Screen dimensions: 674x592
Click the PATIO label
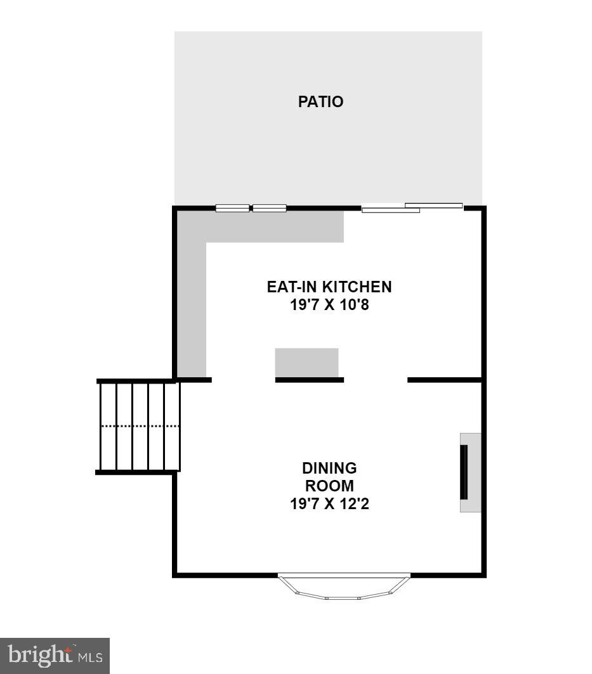click(320, 101)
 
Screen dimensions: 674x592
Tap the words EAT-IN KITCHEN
click(329, 287)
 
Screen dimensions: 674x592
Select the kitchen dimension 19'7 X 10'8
click(329, 305)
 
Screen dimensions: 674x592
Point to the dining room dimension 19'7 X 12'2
click(329, 505)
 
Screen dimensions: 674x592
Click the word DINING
click(329, 469)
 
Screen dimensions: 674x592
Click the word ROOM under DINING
click(329, 486)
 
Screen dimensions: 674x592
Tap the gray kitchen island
click(306, 362)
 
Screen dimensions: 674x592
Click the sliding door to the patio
click(411, 207)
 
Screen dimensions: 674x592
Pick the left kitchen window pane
click(232, 207)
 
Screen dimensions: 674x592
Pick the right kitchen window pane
click(269, 207)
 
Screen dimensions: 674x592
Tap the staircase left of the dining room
click(138, 425)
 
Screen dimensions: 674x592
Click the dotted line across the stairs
click(140, 426)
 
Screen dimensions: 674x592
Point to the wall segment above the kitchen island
click(309, 379)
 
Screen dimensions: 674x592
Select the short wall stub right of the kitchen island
click(444, 379)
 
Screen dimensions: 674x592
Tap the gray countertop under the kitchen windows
click(273, 227)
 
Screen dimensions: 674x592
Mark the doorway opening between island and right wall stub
click(375, 379)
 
